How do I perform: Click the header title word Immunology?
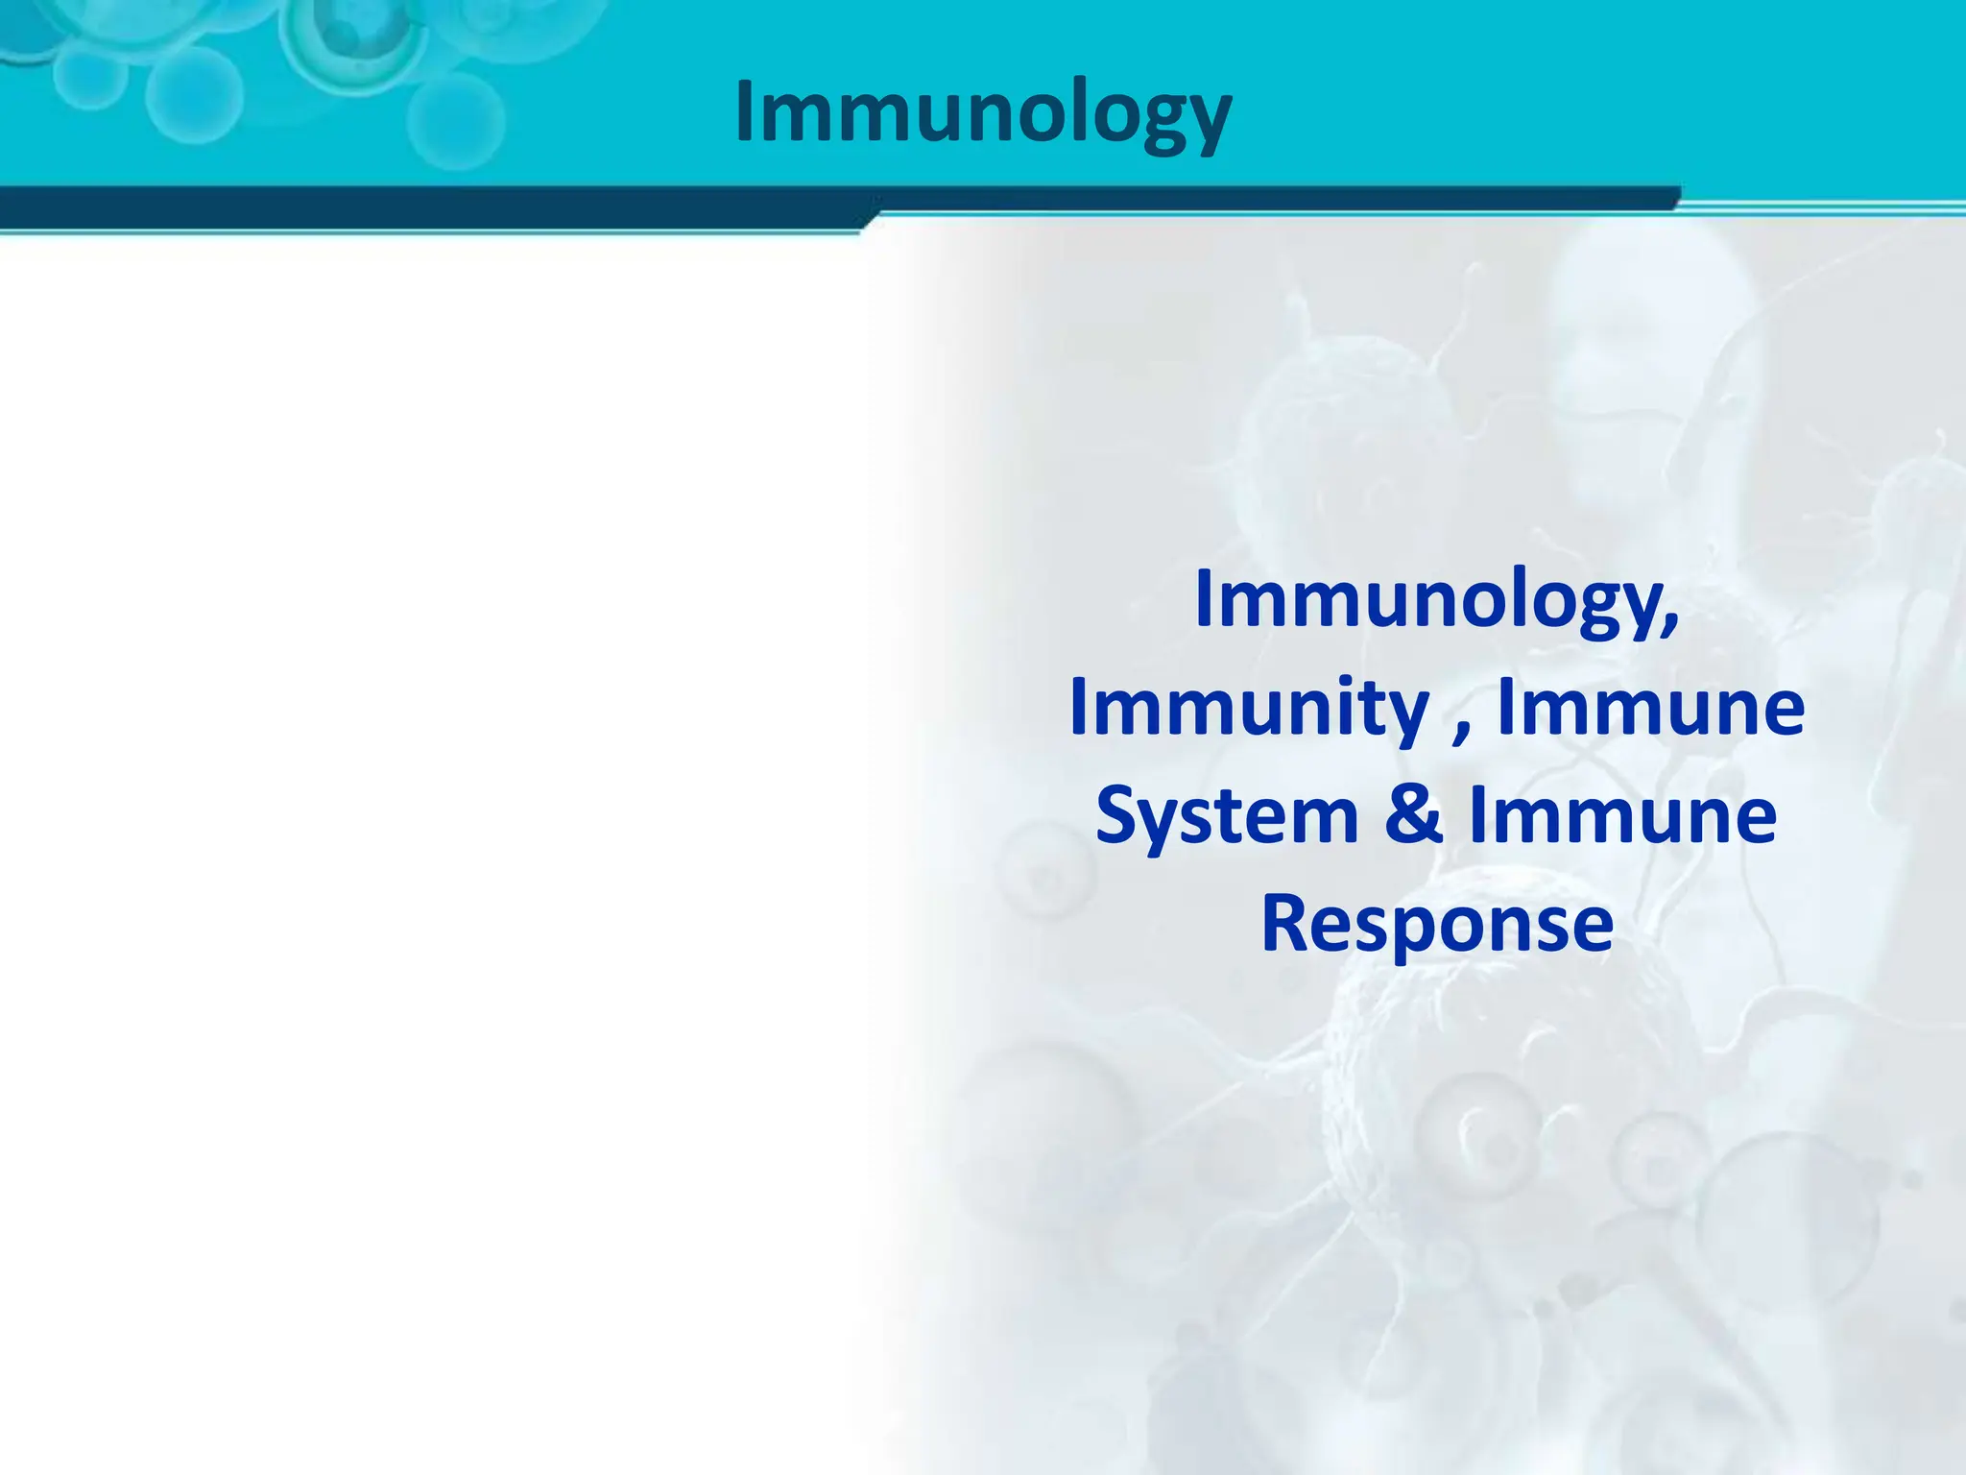click(x=983, y=113)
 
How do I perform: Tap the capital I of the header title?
click(x=746, y=110)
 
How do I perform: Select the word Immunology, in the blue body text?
click(x=1436, y=601)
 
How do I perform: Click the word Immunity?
click(x=1249, y=709)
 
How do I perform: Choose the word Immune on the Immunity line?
click(x=1651, y=709)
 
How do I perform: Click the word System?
click(x=1227, y=816)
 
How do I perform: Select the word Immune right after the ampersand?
click(x=1623, y=816)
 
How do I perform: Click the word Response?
click(x=1436, y=924)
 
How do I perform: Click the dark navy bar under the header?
click(x=432, y=207)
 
